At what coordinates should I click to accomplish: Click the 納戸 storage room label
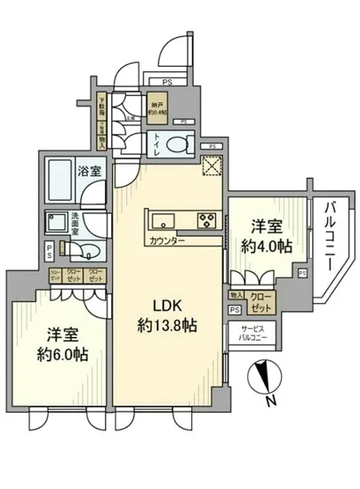coord(156,103)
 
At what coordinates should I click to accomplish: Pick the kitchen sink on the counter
coord(165,220)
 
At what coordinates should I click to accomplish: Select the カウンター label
coord(167,241)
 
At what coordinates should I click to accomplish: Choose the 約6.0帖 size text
coord(63,354)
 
